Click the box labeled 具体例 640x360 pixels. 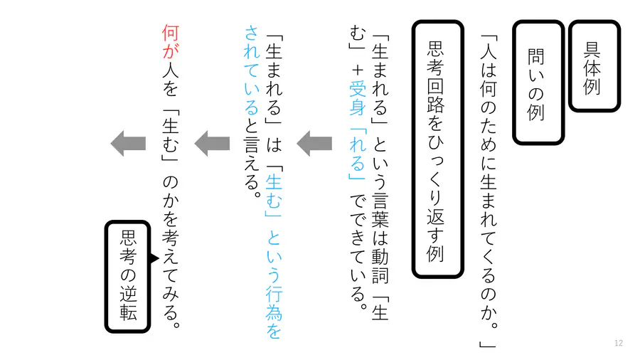pyautogui.click(x=594, y=65)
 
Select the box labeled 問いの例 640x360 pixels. pyautogui.click(x=538, y=82)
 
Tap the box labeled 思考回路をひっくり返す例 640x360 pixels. pyautogui.click(x=437, y=149)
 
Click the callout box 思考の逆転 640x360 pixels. pyautogui.click(x=128, y=276)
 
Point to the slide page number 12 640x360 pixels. pyautogui.click(x=619, y=343)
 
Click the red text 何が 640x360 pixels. pyautogui.click(x=170, y=42)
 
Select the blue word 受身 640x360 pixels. pyautogui.click(x=358, y=98)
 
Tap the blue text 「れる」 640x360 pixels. pyautogui.click(x=358, y=154)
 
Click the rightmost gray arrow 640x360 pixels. pyautogui.click(x=314, y=143)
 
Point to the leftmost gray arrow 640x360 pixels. pyautogui.click(x=128, y=143)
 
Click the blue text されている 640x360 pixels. pyautogui.click(x=252, y=70)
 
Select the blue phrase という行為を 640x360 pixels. pyautogui.click(x=274, y=285)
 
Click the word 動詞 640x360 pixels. pyautogui.click(x=380, y=265)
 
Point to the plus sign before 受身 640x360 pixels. pyautogui.click(x=358, y=70)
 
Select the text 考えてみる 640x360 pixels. pyautogui.click(x=171, y=275)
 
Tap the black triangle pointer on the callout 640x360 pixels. pyautogui.click(x=154, y=258)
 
